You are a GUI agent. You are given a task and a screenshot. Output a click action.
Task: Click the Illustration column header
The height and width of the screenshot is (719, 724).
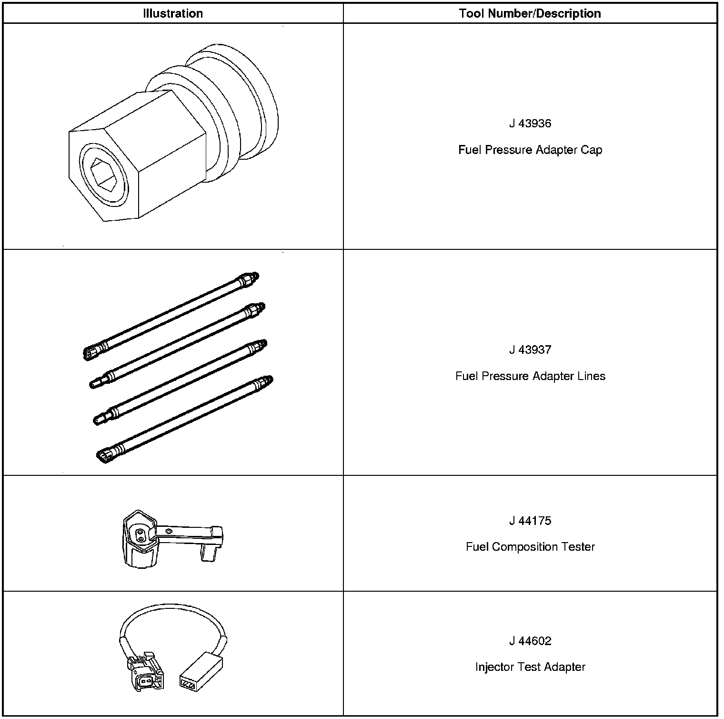point(173,13)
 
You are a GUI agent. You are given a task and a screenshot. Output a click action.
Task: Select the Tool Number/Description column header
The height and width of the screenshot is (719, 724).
point(530,13)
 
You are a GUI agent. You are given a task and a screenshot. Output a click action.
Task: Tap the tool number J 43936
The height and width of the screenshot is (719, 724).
point(530,123)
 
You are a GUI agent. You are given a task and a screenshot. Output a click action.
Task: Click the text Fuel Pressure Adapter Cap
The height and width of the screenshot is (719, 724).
point(530,150)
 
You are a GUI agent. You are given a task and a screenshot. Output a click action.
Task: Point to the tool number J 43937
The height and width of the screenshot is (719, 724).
point(530,349)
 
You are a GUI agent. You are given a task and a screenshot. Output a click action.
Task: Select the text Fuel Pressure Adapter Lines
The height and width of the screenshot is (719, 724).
point(530,376)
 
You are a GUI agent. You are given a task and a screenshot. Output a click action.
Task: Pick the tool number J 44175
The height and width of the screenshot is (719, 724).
point(530,521)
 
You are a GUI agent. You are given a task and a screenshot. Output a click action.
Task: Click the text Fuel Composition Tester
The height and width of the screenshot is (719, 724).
point(530,547)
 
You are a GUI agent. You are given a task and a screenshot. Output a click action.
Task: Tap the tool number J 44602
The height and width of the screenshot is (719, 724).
point(530,641)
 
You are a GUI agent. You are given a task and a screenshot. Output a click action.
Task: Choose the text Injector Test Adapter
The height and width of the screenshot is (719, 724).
point(530,667)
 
